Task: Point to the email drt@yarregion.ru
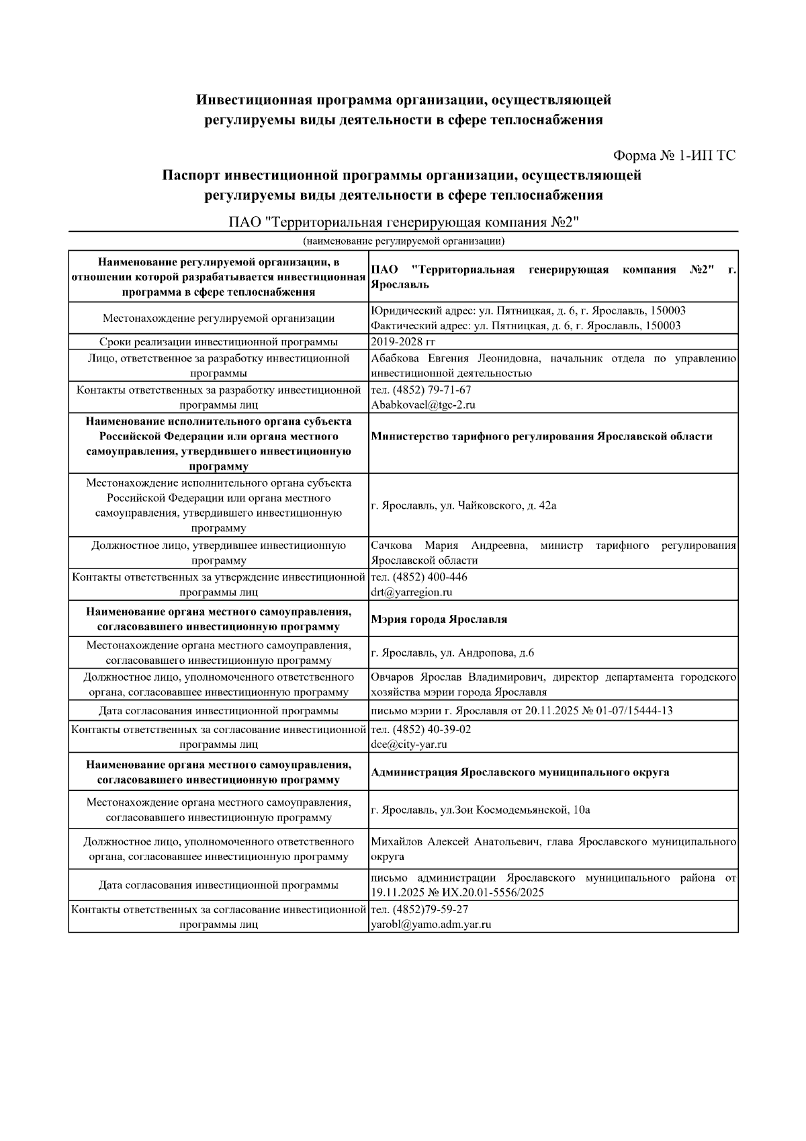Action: (x=411, y=592)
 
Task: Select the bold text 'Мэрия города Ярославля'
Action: (x=439, y=619)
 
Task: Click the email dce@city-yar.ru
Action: (x=408, y=744)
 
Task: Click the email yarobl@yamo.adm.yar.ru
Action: (x=431, y=924)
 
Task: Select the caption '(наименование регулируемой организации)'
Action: (x=403, y=241)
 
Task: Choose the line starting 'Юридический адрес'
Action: (x=528, y=310)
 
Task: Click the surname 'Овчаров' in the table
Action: (x=393, y=677)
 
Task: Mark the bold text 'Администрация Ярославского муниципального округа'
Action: (x=520, y=772)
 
